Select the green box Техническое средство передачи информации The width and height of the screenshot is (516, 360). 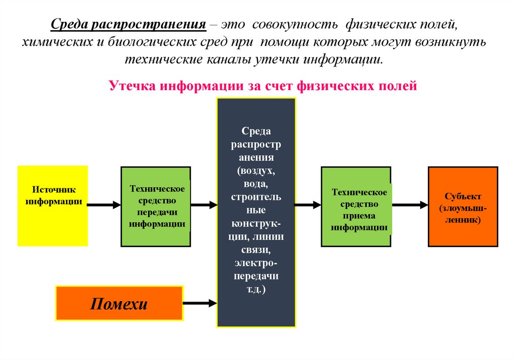tap(156, 206)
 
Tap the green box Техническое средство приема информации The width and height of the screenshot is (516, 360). tap(356, 206)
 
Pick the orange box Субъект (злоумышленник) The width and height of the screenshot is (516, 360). tap(463, 206)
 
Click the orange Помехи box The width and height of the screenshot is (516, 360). tap(119, 303)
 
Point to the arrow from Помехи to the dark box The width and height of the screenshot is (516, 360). tap(200, 303)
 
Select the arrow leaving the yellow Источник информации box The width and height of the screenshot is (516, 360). tap(104, 205)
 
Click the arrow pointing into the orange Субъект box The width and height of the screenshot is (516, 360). tap(410, 205)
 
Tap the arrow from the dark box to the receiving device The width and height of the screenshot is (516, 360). tap(308, 205)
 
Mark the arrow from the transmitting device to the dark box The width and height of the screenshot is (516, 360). tap(204, 205)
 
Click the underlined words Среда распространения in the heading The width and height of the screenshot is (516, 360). tap(129, 24)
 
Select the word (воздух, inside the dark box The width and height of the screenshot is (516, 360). tap(256, 171)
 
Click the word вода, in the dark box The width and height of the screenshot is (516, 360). tap(256, 184)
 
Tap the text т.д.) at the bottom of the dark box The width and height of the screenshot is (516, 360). tap(256, 290)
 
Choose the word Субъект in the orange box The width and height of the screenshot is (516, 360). tap(463, 196)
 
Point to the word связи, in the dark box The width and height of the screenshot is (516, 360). tap(256, 250)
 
